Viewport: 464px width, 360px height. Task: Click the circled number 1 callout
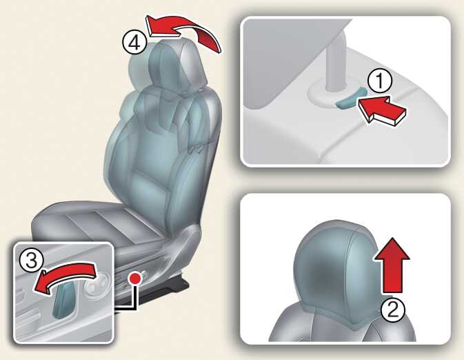tap(380, 81)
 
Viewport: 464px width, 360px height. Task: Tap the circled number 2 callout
tap(393, 310)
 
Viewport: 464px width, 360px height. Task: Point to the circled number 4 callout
tap(134, 43)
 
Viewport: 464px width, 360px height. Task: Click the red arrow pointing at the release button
tap(383, 110)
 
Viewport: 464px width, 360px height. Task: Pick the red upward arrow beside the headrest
tap(392, 266)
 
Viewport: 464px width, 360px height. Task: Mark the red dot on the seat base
tap(136, 278)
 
